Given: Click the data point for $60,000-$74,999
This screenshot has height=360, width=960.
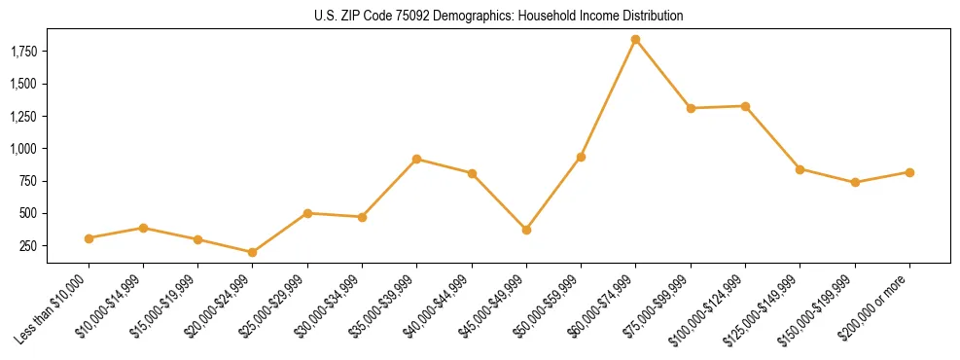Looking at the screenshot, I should coord(635,40).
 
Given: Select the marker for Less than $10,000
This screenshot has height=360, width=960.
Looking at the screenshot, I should coord(89,238).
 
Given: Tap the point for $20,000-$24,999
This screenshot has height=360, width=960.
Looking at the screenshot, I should coord(253,252).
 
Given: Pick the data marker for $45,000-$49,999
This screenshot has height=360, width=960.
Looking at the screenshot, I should coord(526,230).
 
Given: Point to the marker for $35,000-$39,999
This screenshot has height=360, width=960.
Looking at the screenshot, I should coord(417,159).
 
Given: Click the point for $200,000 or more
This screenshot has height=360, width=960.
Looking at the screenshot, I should coord(909,172).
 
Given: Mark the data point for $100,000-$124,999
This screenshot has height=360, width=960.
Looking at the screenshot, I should coord(745,106).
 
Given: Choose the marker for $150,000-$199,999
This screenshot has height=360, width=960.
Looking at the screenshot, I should coord(855,182).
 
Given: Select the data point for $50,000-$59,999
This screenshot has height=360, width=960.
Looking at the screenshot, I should coord(581,157).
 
